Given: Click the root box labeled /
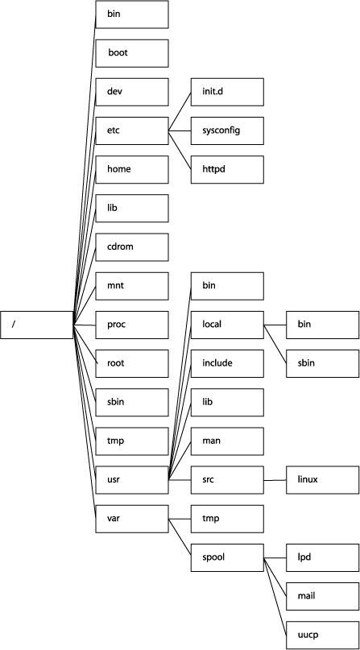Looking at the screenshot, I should (37, 325).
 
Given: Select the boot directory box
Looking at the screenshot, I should (131, 52).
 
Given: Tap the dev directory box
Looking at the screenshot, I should (131, 91).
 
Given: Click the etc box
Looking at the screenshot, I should (131, 130).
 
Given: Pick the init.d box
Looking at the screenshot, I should (227, 91).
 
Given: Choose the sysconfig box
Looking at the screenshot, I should (227, 130).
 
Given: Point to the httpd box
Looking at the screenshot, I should (227, 168).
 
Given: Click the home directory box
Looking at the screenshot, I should (131, 168).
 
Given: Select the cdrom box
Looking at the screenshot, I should (131, 246).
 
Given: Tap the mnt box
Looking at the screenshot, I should (131, 285).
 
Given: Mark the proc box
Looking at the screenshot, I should (131, 324).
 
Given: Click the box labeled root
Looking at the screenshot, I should (131, 362).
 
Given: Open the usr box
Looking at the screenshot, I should (131, 479).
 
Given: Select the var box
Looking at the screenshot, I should (131, 518).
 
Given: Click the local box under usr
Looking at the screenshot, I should (227, 324).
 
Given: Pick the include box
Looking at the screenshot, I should (227, 362).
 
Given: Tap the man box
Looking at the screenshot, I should (227, 441).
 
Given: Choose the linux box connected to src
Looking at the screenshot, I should (322, 479).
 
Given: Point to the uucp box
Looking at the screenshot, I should (322, 635).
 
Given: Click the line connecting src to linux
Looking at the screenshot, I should (275, 479).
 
